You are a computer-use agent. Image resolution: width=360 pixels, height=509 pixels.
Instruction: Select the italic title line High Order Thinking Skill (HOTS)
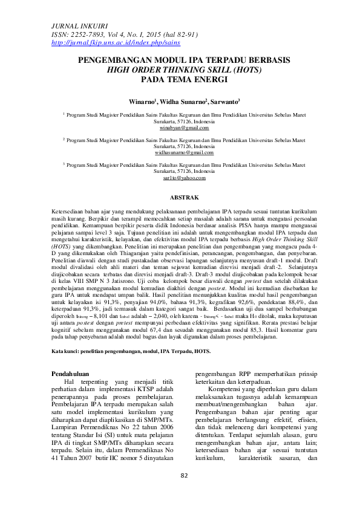[180, 70]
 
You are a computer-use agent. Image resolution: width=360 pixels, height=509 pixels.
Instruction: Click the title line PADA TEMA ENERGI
[180, 79]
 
